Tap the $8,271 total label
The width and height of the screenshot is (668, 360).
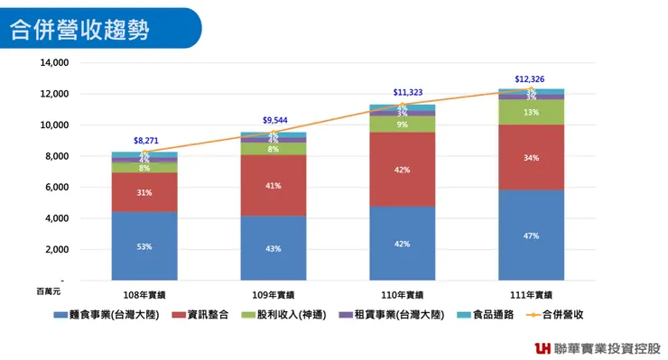point(146,141)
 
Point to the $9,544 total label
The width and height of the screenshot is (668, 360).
point(275,121)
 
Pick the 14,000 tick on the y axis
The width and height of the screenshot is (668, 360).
point(55,63)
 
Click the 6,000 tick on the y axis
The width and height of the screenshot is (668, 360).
point(58,188)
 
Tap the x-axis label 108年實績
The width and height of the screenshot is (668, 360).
point(144,295)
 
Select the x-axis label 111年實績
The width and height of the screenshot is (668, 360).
point(530,295)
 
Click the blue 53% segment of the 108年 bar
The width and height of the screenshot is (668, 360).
point(144,245)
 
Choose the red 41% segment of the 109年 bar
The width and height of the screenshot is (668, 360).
point(273,185)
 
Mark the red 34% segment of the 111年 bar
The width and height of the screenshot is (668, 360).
point(531,157)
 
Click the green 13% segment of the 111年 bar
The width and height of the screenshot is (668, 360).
point(531,112)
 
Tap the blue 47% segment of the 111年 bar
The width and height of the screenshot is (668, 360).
point(531,235)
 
